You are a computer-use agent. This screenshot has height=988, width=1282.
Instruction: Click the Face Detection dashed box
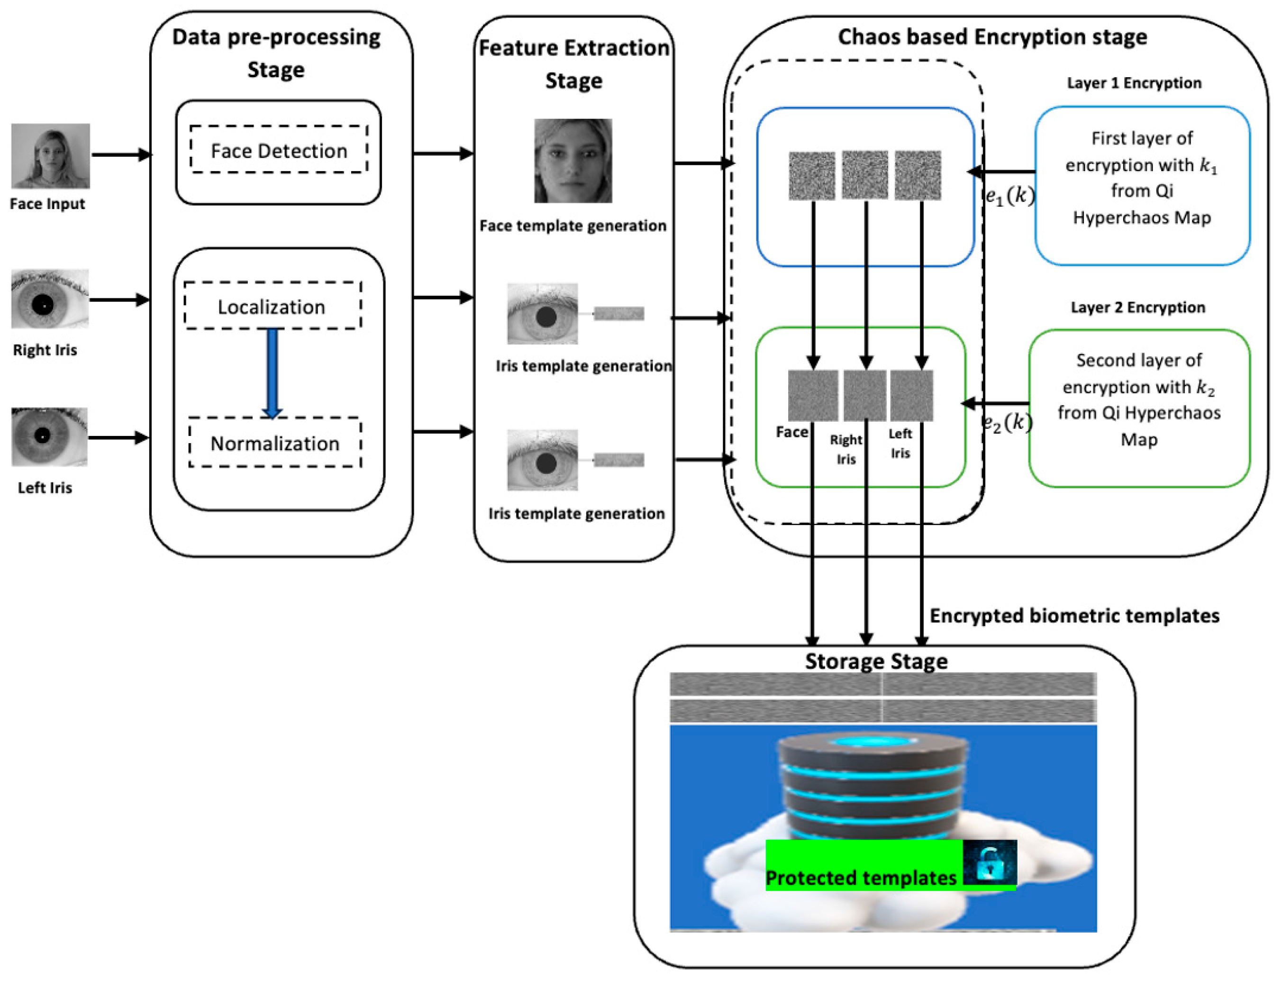coord(279,150)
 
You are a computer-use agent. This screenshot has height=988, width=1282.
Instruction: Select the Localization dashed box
coord(273,307)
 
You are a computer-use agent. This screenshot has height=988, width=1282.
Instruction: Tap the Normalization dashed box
coord(275,443)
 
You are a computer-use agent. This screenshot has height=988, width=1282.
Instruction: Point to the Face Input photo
coord(51,155)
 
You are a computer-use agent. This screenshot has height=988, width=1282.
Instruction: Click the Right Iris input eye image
coord(50,299)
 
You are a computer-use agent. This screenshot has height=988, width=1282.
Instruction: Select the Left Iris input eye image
coord(49,437)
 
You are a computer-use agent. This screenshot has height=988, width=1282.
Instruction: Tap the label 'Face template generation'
coord(573,226)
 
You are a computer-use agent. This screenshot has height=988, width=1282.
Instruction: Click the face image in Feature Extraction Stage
coord(573,161)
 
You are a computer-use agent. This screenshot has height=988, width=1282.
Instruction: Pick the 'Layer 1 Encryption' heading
coord(1134,83)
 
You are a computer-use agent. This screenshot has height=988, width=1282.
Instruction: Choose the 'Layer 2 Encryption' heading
coord(1137,307)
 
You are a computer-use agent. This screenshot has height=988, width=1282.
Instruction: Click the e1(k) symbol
coord(1009,196)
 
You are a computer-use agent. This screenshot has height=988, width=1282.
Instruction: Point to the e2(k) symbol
coord(1007,422)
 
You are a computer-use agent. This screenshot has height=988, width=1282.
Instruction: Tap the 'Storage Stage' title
coord(876,661)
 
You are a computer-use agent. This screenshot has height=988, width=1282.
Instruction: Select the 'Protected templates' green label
coord(861,877)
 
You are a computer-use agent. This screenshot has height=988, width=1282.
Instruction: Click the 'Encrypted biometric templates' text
coord(1074,615)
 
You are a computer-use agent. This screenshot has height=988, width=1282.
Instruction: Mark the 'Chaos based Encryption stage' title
coord(992,36)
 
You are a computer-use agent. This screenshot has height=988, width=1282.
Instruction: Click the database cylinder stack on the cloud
coord(873,787)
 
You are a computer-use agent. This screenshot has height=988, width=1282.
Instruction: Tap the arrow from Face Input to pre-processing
coord(121,155)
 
